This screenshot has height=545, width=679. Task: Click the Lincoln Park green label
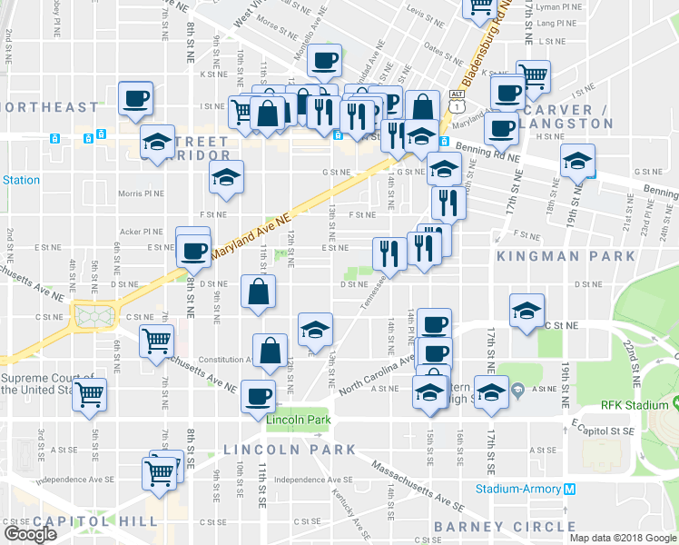coord(297,420)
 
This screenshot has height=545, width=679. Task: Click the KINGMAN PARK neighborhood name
coord(566,256)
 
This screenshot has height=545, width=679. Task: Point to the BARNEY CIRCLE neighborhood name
coord(505,527)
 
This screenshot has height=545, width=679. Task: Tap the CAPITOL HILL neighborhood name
coord(80,521)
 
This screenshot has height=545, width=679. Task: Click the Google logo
coord(30,534)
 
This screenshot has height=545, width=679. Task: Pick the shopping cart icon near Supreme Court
coord(91,395)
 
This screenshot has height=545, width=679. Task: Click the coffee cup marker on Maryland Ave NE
coord(192,250)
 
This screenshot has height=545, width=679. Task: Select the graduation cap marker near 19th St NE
coord(577,161)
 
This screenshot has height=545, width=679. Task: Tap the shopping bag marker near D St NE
coord(259,292)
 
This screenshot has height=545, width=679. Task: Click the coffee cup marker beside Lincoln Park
coord(259,396)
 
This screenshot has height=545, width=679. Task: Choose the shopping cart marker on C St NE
coord(156,342)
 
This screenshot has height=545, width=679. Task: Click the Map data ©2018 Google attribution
coord(623,538)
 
